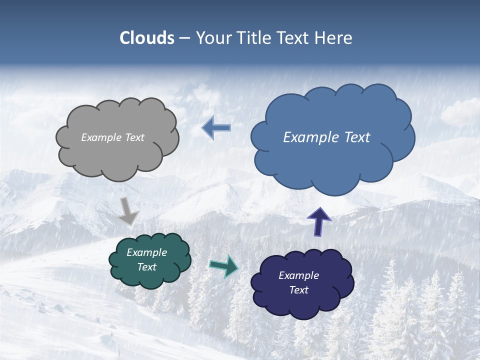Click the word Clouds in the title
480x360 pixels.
(x=147, y=38)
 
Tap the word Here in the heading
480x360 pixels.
(x=333, y=38)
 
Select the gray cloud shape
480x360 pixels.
(x=117, y=155)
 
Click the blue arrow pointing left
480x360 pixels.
(x=216, y=128)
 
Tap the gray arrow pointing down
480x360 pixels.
(x=128, y=210)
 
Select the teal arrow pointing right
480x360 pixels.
(x=224, y=266)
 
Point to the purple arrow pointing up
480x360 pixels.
(x=318, y=221)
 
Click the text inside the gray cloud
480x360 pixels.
(x=112, y=137)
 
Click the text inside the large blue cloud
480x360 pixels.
(x=326, y=137)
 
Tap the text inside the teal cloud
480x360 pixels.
(x=146, y=260)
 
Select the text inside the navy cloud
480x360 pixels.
(x=298, y=282)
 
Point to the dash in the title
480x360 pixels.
(x=184, y=38)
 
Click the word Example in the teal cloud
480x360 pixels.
(x=146, y=252)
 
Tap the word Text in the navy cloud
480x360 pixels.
(x=298, y=290)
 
